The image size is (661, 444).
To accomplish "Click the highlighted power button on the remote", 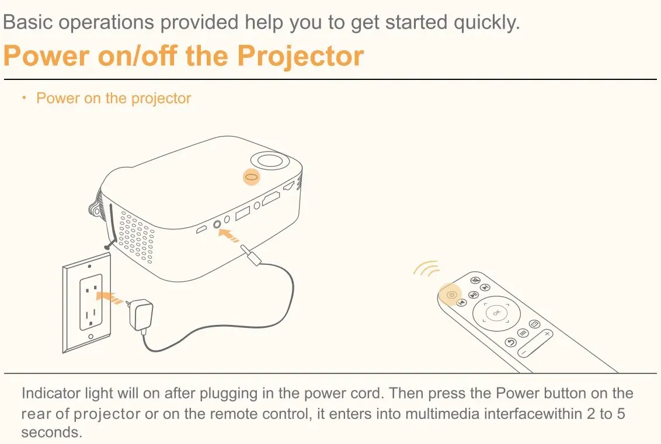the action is pyautogui.click(x=450, y=295).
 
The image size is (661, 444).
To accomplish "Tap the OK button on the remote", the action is pyautogui.click(x=496, y=313).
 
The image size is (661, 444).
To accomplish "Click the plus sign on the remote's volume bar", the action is pyautogui.click(x=547, y=334).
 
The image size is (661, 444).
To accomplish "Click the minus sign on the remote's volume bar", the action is pyautogui.click(x=524, y=352).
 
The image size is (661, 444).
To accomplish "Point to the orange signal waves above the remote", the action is pyautogui.click(x=427, y=268).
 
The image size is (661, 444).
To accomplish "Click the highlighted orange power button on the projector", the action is pyautogui.click(x=251, y=177).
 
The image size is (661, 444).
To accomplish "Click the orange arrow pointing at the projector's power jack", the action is pyautogui.click(x=229, y=235).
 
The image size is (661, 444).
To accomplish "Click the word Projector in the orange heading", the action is pyautogui.click(x=301, y=56).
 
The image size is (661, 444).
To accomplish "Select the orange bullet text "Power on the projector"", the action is pyautogui.click(x=113, y=98).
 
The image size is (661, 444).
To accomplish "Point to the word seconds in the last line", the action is pyautogui.click(x=51, y=432).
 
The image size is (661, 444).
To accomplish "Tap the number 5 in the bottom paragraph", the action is pyautogui.click(x=621, y=414).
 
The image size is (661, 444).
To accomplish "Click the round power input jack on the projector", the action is pyautogui.click(x=218, y=224).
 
